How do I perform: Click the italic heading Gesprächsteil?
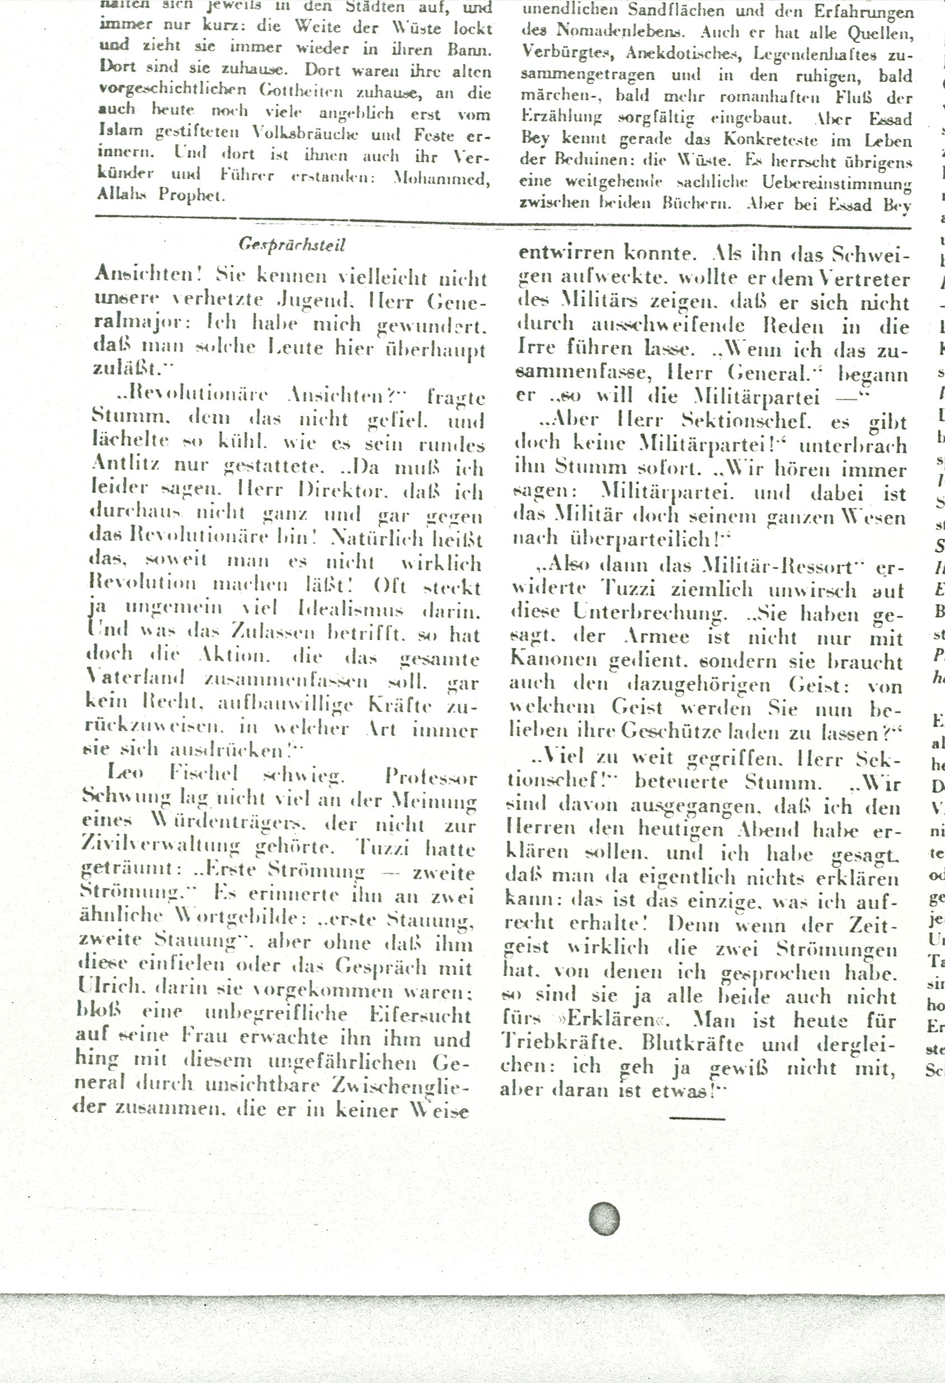[x=292, y=244]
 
